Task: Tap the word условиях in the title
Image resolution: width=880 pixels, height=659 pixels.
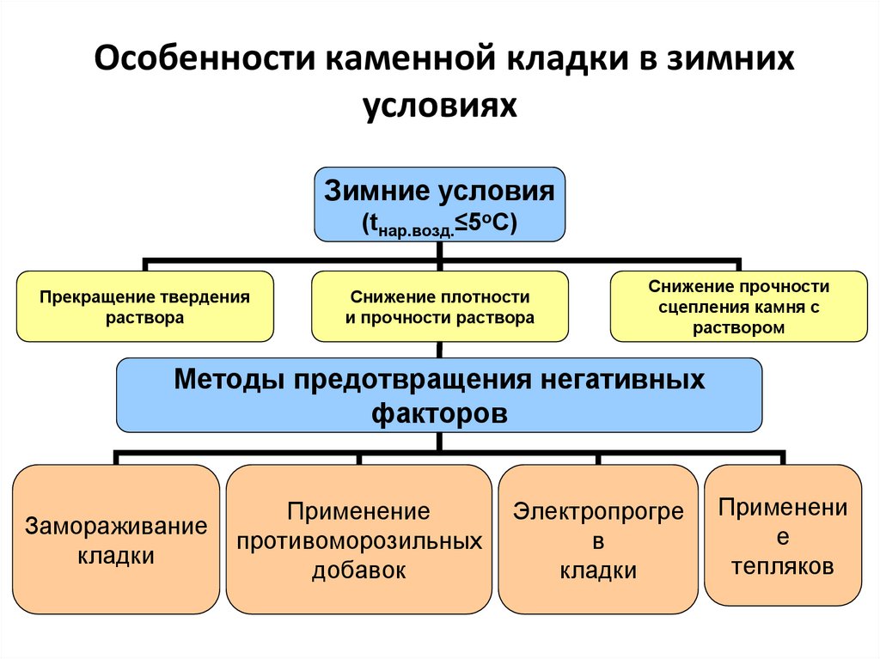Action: point(439,106)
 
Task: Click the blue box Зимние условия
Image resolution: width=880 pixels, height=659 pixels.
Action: point(439,204)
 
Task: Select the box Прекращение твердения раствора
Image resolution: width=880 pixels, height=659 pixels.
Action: point(145,307)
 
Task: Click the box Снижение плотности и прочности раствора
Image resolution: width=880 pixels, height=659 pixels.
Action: point(439,307)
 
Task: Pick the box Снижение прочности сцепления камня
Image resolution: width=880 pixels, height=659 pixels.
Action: point(738,307)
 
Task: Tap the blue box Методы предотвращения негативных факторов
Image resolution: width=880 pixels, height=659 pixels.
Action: point(439,394)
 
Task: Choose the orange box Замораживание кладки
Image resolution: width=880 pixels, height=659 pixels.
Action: point(116,540)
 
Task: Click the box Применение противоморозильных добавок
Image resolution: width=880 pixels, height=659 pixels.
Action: point(358,540)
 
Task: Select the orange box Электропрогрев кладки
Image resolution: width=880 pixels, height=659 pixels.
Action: point(598,540)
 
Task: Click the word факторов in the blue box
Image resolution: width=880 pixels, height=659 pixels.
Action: point(439,412)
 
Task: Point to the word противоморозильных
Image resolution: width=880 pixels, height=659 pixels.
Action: point(359,541)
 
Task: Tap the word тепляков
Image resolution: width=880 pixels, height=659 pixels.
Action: point(782,567)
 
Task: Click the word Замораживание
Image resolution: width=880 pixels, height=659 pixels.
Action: point(116,526)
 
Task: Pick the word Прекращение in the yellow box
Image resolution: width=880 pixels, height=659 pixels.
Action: point(96,297)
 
